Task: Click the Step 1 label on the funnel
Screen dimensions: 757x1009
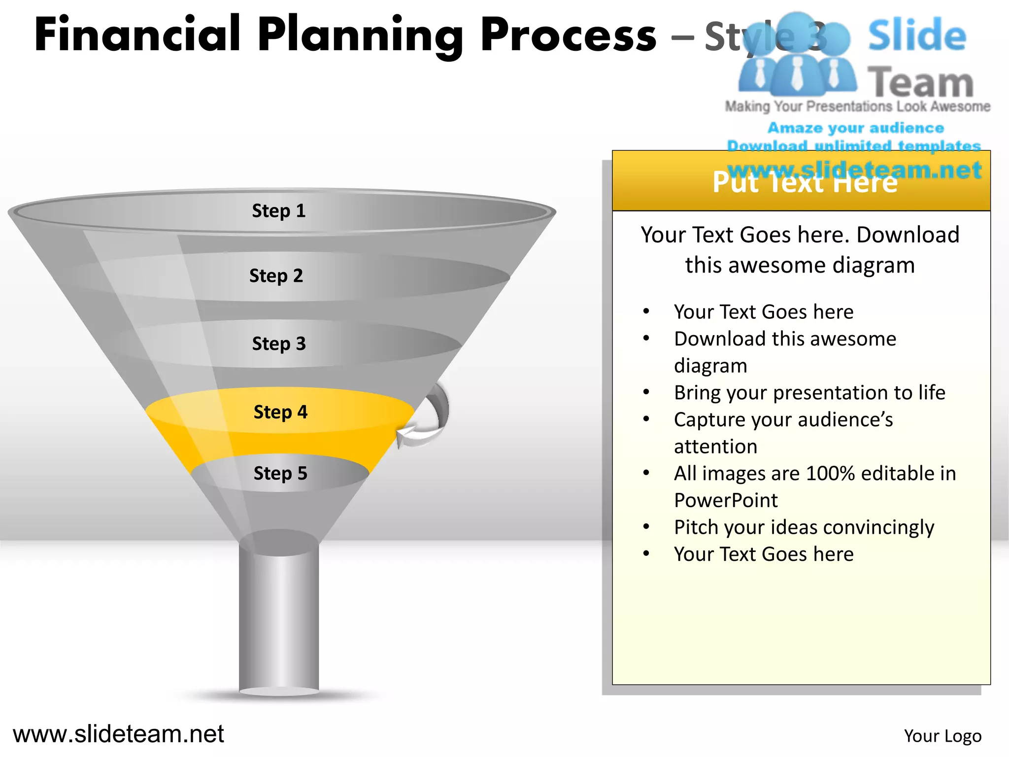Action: pos(279,211)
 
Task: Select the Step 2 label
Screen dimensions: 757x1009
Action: pos(276,275)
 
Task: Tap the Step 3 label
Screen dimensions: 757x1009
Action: pos(279,344)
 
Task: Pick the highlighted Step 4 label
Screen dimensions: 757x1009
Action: pos(280,412)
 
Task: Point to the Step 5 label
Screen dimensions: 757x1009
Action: pos(280,474)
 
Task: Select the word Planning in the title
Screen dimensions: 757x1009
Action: pos(360,35)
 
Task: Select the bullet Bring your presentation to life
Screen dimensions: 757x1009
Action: pos(809,393)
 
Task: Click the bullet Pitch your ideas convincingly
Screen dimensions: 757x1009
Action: pos(804,527)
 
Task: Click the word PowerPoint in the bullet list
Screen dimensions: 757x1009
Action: pos(726,501)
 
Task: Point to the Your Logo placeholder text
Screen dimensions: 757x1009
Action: pos(942,736)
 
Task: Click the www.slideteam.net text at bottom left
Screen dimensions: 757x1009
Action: pos(118,734)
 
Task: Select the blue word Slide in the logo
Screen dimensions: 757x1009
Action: pos(916,35)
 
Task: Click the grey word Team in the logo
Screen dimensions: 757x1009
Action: pos(920,82)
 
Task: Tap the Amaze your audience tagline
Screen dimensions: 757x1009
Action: pos(855,128)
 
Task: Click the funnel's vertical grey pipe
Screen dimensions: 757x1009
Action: pos(279,621)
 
